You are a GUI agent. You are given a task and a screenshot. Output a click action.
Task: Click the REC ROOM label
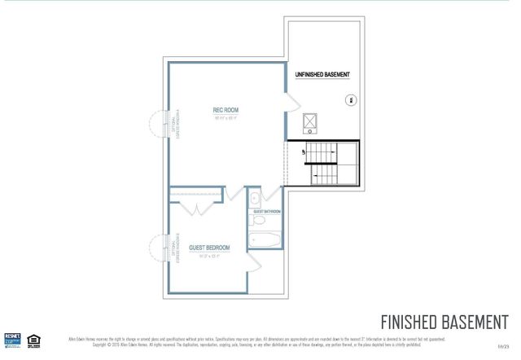click(x=225, y=110)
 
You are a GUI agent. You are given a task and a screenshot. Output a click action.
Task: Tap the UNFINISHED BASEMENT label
click(x=322, y=75)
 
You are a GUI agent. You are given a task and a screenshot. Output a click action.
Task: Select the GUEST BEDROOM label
click(x=209, y=248)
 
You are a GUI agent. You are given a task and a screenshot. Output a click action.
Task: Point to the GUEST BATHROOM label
click(x=266, y=212)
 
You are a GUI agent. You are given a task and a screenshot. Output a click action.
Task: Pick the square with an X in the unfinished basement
click(x=310, y=124)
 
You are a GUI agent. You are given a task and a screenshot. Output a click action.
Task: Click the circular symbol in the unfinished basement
click(x=351, y=100)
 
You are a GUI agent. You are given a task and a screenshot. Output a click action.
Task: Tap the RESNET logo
click(x=12, y=339)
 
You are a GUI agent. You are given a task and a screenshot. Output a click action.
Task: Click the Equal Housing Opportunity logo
click(x=34, y=339)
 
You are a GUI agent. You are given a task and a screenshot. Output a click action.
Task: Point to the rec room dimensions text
click(x=225, y=119)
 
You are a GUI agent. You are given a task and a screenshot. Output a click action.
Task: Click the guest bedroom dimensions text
click(x=209, y=256)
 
